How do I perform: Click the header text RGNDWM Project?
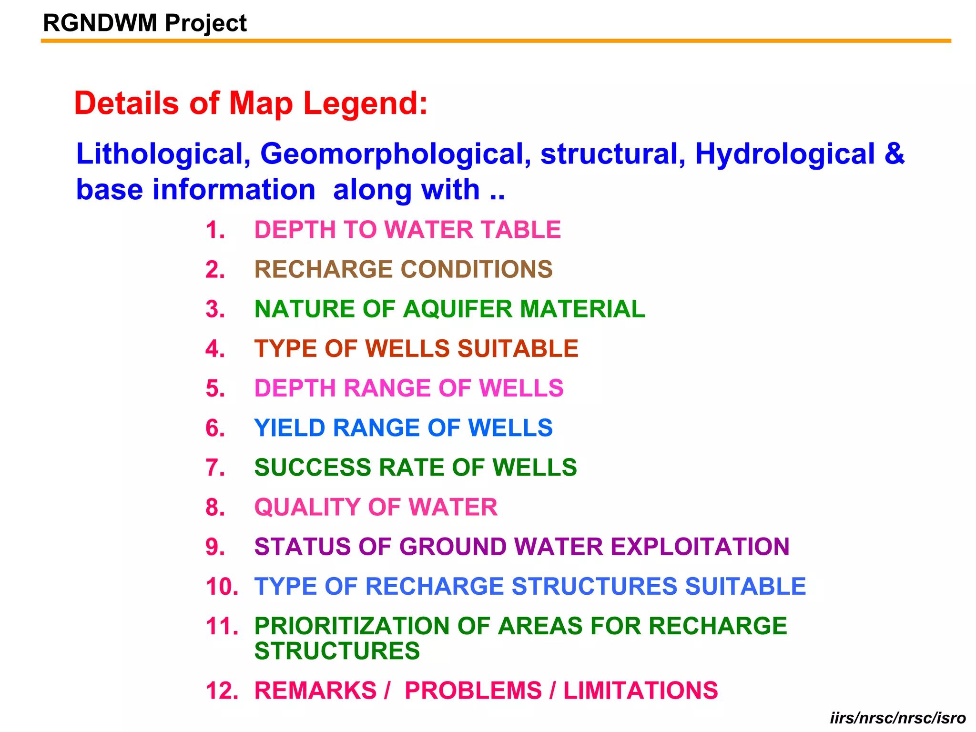pos(145,23)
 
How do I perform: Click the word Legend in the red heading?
pos(366,103)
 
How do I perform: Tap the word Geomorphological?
pos(395,154)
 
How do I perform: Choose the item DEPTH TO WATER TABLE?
pos(407,230)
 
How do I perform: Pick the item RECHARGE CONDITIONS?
pos(403,269)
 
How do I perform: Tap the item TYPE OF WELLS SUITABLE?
pos(416,348)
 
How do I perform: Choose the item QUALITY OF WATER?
pos(376,507)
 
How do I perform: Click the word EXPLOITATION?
pos(700,547)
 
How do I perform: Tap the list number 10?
pos(222,587)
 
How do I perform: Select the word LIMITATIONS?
pos(640,691)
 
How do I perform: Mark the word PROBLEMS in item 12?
pos(473,691)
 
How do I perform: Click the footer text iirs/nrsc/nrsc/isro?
pos(898,718)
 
